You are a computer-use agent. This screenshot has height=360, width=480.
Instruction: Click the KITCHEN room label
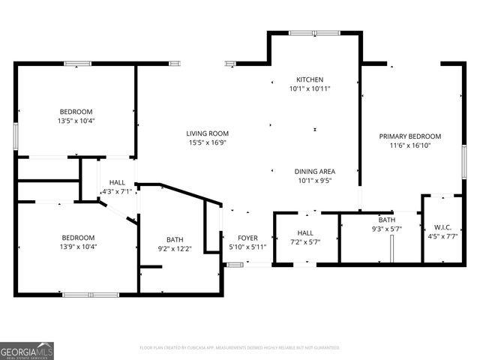[310, 79]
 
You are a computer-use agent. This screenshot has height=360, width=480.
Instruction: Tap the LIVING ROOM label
[208, 133]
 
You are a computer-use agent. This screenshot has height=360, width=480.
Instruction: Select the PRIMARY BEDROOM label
[409, 136]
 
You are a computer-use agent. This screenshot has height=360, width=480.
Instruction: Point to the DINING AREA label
[314, 171]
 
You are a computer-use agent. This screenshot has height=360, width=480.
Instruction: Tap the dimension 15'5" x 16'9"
[208, 142]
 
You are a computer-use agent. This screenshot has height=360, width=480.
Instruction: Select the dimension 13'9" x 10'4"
[78, 247]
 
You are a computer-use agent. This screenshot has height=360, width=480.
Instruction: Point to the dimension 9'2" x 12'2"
[175, 248]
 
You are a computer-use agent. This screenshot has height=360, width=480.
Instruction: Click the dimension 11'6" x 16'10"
[409, 145]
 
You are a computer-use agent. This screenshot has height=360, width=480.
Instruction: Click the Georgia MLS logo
[27, 350]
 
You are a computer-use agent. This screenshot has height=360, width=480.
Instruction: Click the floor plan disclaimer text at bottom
[240, 347]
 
